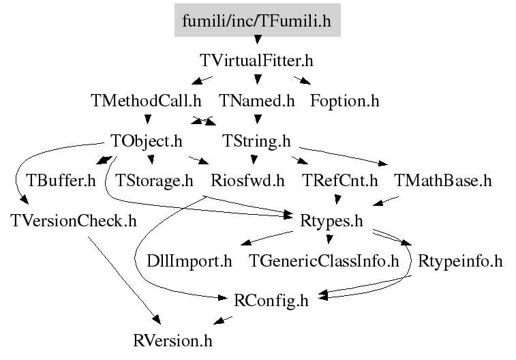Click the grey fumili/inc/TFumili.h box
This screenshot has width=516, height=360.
(257, 21)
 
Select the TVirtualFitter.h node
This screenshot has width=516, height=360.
(257, 61)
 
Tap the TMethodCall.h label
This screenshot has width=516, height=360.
(146, 101)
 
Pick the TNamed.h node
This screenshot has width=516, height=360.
(257, 101)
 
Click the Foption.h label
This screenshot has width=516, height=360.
(344, 101)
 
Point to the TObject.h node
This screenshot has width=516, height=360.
(147, 141)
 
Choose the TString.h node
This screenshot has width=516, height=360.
(257, 141)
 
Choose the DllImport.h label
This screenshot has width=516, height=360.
(189, 260)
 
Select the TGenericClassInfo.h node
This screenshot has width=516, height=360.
(323, 260)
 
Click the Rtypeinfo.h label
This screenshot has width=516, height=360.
(459, 260)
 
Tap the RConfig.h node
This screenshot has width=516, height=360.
(271, 299)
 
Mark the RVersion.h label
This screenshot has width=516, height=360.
(177, 339)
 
